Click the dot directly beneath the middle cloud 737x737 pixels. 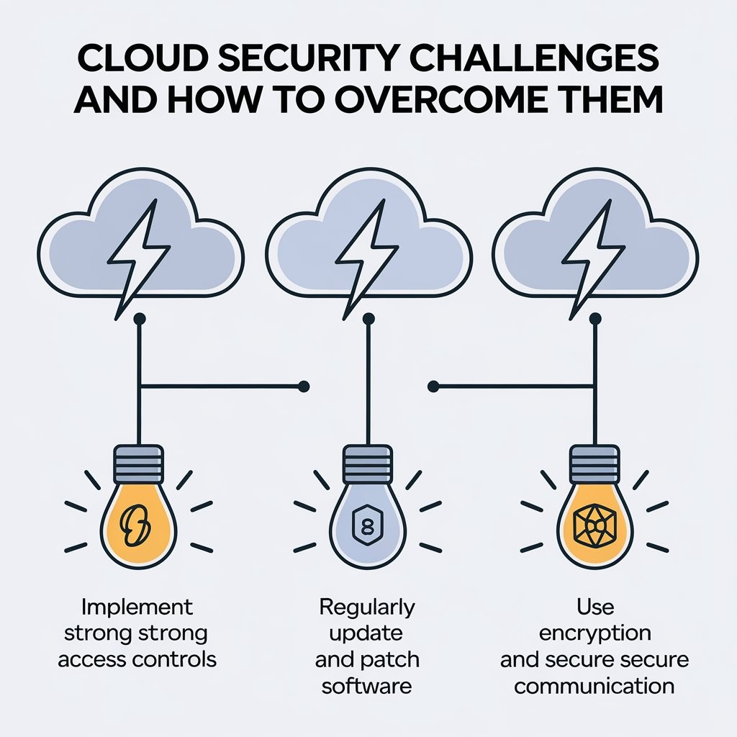tap(368, 317)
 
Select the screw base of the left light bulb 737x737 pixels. tap(139, 462)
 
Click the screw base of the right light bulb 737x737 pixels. tap(595, 462)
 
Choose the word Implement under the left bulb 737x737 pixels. tap(137, 607)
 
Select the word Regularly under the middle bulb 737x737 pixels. tap(366, 607)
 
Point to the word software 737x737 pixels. tap(366, 684)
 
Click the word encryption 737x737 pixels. tap(594, 633)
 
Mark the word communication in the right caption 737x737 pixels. tap(594, 684)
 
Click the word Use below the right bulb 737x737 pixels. tap(595, 607)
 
